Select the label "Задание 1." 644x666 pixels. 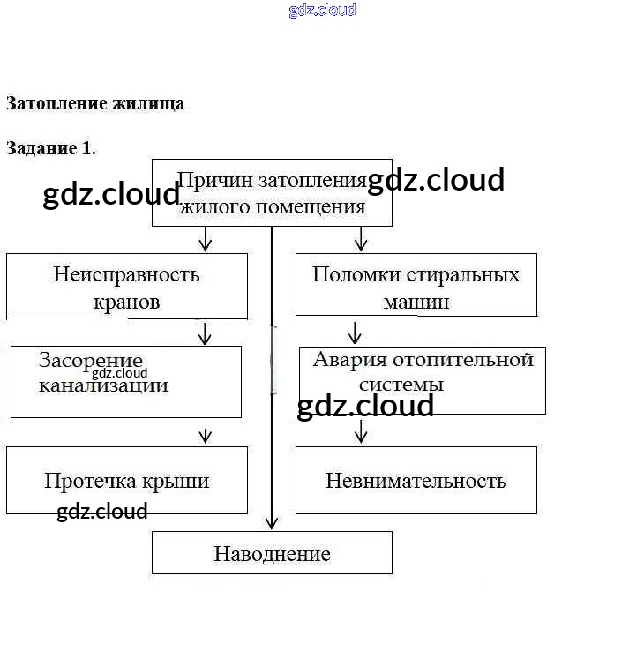pos(51,148)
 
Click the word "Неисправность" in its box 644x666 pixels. pos(126,274)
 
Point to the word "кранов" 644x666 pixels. pos(126,302)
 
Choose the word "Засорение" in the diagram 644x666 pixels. pos(91,360)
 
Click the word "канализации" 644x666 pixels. pos(103,385)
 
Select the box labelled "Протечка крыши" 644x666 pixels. pos(127,481)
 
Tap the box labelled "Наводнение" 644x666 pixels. pos(272,553)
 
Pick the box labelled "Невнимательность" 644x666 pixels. pos(416,481)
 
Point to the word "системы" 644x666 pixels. pos(401,385)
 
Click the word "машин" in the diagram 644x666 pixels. pos(416,302)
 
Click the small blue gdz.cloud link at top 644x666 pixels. pos(322,11)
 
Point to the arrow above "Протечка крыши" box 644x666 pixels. pos(206,435)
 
